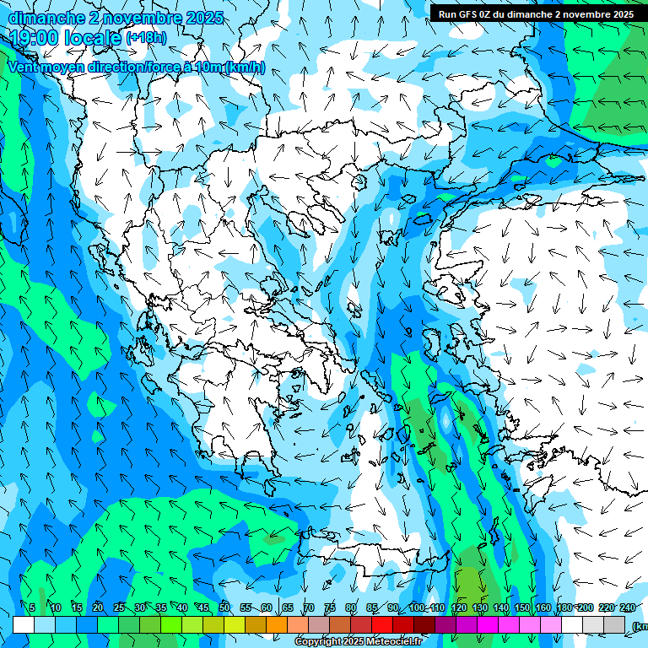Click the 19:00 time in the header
[35, 36]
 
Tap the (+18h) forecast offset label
[145, 37]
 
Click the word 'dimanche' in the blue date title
[44, 17]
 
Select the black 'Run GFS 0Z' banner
[536, 13]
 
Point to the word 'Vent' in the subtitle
[24, 67]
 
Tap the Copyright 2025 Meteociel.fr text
[358, 642]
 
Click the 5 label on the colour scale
[32, 607]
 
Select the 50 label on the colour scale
[224, 607]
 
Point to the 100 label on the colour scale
[417, 607]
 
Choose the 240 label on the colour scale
[627, 607]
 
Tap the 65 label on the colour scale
[288, 607]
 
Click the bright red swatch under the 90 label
[382, 624]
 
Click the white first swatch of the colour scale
[24, 624]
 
